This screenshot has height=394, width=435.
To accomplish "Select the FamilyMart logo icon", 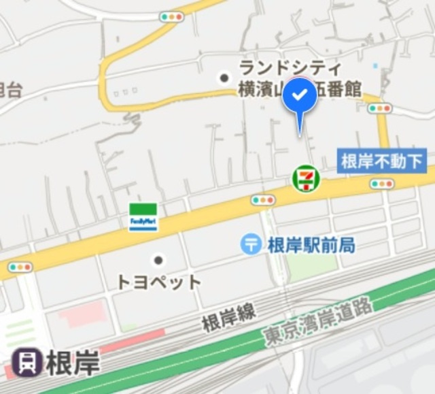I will click(143, 216).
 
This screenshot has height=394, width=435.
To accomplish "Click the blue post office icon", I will click(251, 244).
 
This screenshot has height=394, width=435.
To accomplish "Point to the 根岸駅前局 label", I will click(311, 244).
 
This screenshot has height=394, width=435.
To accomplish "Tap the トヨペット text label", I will click(159, 281).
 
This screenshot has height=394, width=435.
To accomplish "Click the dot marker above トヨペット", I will click(158, 259).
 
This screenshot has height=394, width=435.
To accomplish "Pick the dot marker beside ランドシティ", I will click(224, 78).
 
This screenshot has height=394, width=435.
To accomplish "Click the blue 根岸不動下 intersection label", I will click(381, 161).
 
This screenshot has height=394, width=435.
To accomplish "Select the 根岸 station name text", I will click(73, 363).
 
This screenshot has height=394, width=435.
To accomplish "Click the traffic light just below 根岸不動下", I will click(382, 183).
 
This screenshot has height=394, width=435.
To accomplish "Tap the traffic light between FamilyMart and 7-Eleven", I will click(263, 200).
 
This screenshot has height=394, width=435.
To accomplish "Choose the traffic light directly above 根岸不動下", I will click(379, 108).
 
